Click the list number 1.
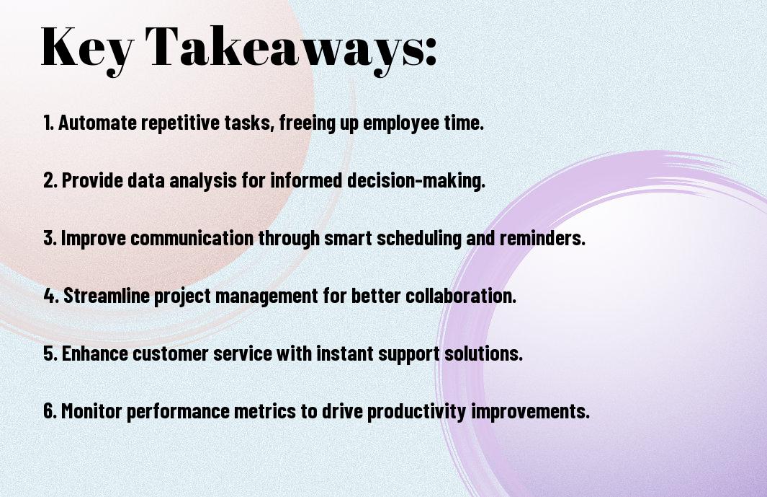click(48, 123)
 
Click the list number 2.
click(50, 180)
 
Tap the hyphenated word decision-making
click(416, 180)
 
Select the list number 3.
click(50, 238)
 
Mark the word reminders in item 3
click(542, 238)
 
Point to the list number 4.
click(51, 296)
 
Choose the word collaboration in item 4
click(461, 296)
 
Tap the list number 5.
click(50, 353)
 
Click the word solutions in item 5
click(483, 353)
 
